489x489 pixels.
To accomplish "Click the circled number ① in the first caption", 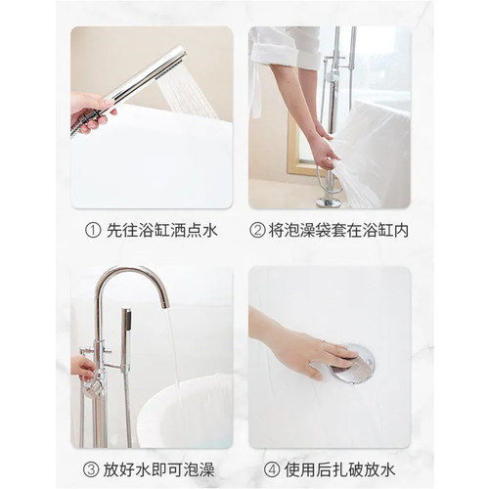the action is pyautogui.click(x=93, y=231).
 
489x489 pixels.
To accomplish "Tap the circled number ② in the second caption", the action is pyautogui.click(x=257, y=231).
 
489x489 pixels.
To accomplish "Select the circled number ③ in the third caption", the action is pyautogui.click(x=91, y=469).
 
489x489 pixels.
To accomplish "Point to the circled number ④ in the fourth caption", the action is pyautogui.click(x=272, y=469).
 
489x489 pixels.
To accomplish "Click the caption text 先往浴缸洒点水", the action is pyautogui.click(x=162, y=231).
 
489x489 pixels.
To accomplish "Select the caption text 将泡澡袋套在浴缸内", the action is pyautogui.click(x=338, y=231).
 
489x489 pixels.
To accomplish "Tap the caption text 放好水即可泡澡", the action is pyautogui.click(x=159, y=469).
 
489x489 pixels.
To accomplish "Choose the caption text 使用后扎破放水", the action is pyautogui.click(x=339, y=469).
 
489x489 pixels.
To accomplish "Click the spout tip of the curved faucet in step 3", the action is pyautogui.click(x=165, y=304).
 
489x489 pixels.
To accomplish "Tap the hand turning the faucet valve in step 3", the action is pyautogui.click(x=83, y=368).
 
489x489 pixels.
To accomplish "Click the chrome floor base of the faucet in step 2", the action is pyautogui.click(x=329, y=203).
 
